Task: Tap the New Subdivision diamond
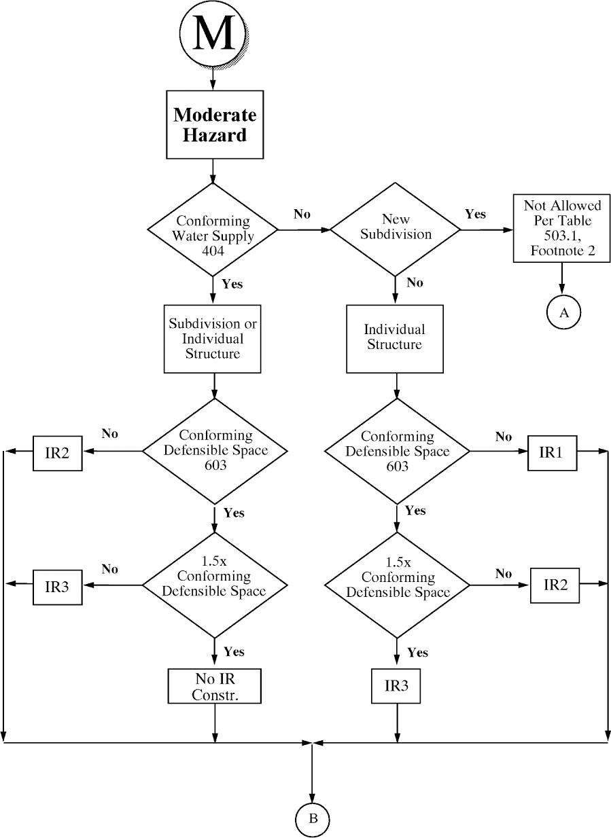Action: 396,230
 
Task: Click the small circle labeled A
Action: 563,312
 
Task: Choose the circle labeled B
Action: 312,818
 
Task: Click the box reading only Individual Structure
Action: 395,338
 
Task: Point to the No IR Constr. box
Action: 214,687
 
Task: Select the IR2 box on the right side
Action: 555,585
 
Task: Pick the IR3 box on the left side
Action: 58,586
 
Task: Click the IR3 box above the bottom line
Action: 396,686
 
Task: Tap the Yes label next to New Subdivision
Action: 475,214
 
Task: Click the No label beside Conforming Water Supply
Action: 302,214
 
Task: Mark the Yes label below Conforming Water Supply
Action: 232,284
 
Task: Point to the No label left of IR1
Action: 503,437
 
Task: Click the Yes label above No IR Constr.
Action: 233,652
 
